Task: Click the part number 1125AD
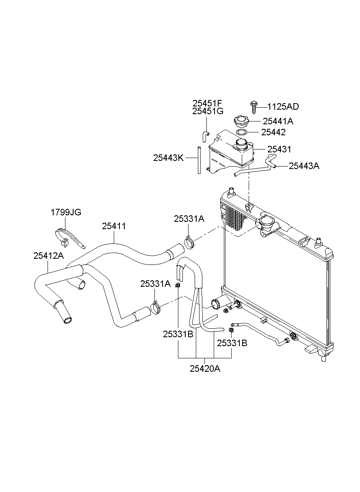point(283,107)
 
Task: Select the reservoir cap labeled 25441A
point(240,121)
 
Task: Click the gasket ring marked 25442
point(241,132)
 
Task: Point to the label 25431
point(279,150)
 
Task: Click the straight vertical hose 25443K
point(199,160)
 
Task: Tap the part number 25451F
point(208,103)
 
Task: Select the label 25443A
point(304,166)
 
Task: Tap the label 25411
point(114,226)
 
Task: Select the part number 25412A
point(48,256)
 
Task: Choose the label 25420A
point(205,368)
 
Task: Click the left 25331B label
point(178,334)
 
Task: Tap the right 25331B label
point(232,343)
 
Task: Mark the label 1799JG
point(66,212)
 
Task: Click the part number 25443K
point(169,158)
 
